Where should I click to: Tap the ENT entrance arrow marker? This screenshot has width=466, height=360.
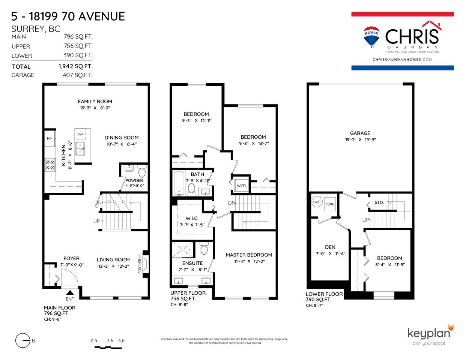pyautogui.click(x=70, y=293)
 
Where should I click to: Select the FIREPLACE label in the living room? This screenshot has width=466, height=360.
pyautogui.click(x=140, y=264)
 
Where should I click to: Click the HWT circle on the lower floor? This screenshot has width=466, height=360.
pyautogui.click(x=317, y=202)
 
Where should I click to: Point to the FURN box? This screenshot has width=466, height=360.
pyautogui.click(x=330, y=204)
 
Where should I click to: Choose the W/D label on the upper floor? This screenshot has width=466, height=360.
pyautogui.click(x=241, y=186)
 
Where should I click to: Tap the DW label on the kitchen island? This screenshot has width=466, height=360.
pyautogui.click(x=80, y=134)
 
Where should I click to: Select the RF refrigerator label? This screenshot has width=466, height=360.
pyautogui.click(x=49, y=138)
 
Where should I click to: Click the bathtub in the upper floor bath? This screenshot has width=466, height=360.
pyautogui.click(x=179, y=183)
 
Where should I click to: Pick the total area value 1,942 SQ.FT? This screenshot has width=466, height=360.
pyautogui.click(x=76, y=66)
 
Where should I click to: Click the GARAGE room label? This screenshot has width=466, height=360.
pyautogui.click(x=360, y=133)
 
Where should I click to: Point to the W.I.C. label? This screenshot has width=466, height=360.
pyautogui.click(x=192, y=218)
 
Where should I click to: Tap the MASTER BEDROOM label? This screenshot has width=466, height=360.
pyautogui.click(x=249, y=255)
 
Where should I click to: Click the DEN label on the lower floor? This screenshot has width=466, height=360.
pyautogui.click(x=330, y=247)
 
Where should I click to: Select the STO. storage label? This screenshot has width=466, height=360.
pyautogui.click(x=379, y=202)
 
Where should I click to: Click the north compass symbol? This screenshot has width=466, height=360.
pyautogui.click(x=23, y=340)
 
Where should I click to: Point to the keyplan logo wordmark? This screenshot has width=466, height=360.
pyautogui.click(x=429, y=333)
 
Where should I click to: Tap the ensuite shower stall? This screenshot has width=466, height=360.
pyautogui.click(x=183, y=250)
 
